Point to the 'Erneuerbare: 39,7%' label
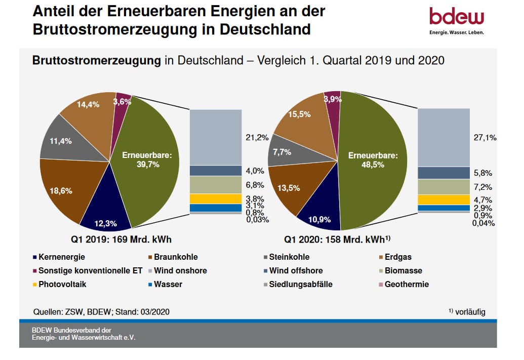pos(147,160)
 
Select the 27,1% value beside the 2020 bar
pos(485,137)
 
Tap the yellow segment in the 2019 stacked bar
pos(209,198)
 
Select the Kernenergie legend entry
pos(58,257)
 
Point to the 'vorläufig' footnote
pos(469,312)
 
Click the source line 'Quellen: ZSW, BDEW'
pos(101,312)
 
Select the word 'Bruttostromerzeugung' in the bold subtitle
pos(97,60)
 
